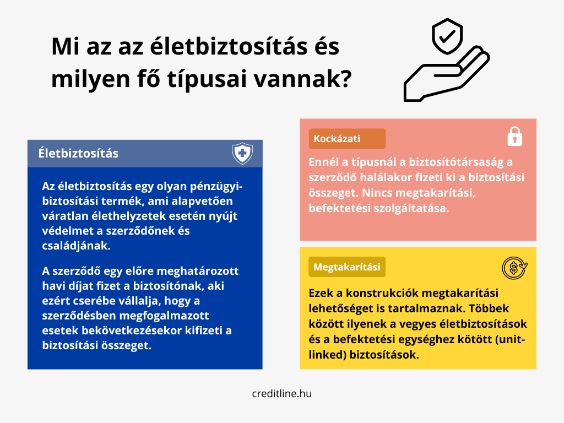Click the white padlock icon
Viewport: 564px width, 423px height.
[515, 137]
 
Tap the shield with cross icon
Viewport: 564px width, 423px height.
[242, 153]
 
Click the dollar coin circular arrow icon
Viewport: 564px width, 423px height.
[514, 268]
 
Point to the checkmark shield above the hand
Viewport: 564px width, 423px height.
[447, 36]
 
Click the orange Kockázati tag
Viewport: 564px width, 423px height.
[347, 139]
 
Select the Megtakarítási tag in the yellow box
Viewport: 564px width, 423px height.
[347, 267]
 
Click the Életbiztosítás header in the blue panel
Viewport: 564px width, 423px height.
[78, 153]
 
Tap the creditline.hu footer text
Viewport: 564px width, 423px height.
[282, 393]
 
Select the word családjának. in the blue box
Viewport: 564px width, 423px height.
[76, 246]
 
